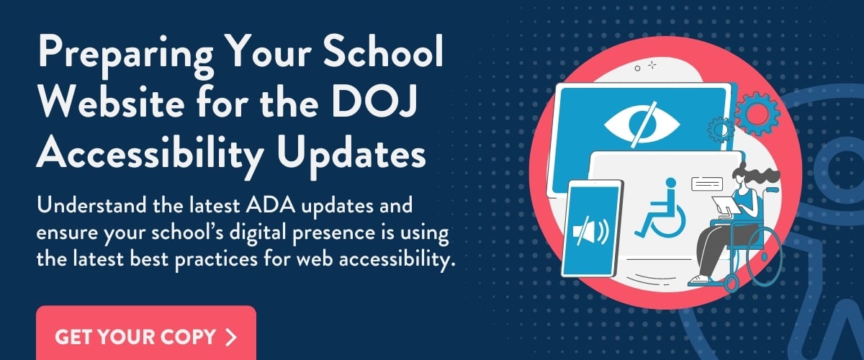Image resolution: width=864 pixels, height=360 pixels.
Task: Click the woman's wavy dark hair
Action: coord(752,176)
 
